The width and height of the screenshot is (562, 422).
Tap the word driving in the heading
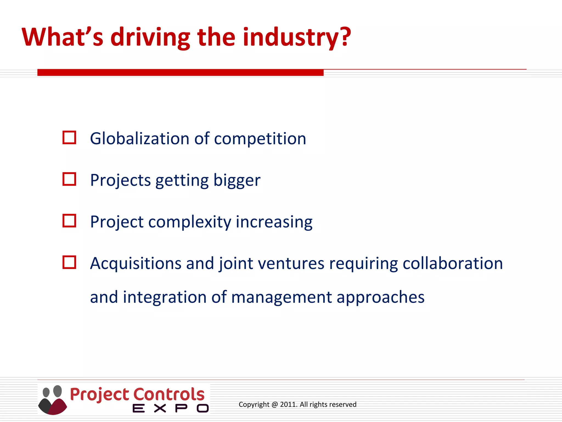coord(150,38)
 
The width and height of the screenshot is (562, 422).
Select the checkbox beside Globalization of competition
coord(69,137)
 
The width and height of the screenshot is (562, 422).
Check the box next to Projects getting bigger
coord(69,179)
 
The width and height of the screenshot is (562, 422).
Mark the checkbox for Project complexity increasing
coord(69,221)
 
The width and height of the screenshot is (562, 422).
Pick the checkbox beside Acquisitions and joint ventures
coord(69,262)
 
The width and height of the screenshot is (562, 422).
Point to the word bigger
coord(237,181)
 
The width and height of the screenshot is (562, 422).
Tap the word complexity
coord(190,222)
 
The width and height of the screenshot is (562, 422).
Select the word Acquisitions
coord(136,264)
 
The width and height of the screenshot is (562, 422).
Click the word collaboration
coord(453,263)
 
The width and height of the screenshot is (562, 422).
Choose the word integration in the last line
coord(165,297)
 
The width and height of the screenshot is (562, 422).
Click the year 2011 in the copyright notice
coord(288,404)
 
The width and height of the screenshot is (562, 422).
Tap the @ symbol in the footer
coord(275,404)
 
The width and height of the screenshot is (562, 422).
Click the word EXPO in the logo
coord(170,408)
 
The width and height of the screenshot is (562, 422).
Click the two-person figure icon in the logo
coord(52,400)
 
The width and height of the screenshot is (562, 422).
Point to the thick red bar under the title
coord(180,73)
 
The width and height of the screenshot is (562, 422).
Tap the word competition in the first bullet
coord(260,139)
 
